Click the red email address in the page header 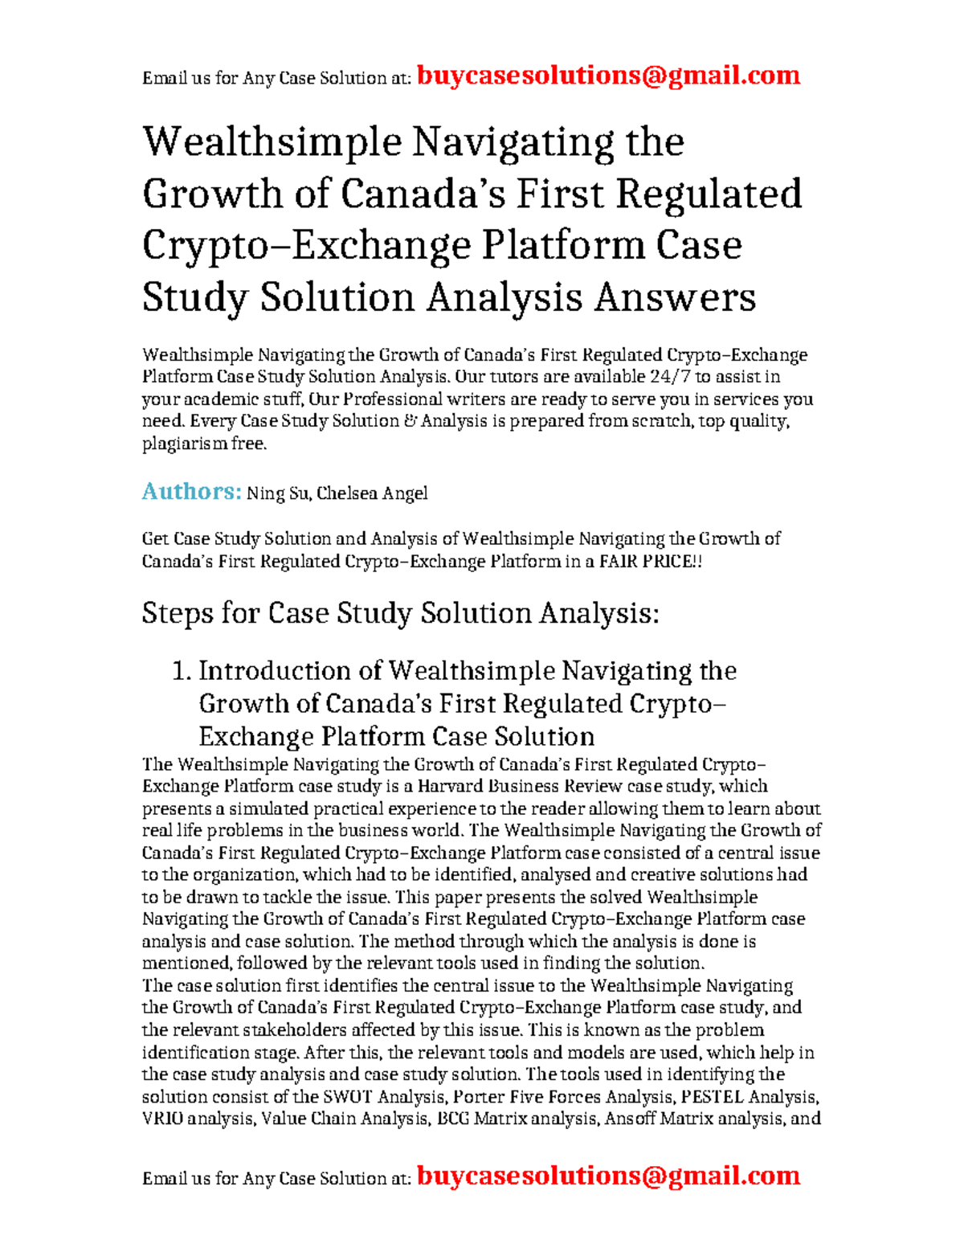[608, 76]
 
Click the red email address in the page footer [608, 1176]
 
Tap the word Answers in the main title [675, 297]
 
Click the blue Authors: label [191, 492]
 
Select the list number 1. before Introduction [182, 671]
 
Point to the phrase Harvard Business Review [520, 787]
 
